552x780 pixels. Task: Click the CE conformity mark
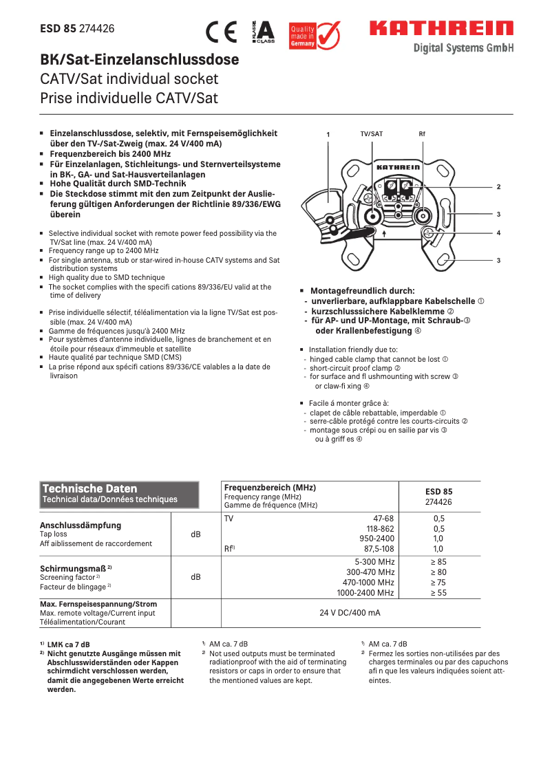pos(221,32)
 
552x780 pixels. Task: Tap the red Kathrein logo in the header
pos(441,29)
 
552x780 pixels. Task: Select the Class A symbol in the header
pos(264,32)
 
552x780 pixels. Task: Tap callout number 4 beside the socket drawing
pos(498,233)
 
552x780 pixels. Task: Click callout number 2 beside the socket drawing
pos(498,187)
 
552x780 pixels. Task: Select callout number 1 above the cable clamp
pos(328,134)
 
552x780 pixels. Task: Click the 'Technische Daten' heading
pos(90,488)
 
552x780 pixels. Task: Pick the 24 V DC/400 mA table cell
pos(350,612)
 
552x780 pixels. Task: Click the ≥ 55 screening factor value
pos(438,592)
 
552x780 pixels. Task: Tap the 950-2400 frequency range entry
pos(376,539)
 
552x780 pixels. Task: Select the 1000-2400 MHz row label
pos(365,592)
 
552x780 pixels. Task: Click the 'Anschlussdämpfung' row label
pos(81,525)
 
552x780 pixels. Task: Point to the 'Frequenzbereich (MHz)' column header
pos(270,487)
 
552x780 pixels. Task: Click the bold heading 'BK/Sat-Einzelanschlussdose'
pos(140,60)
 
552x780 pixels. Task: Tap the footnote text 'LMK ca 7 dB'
pos(68,644)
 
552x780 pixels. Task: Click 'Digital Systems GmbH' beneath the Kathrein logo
pos(463,48)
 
